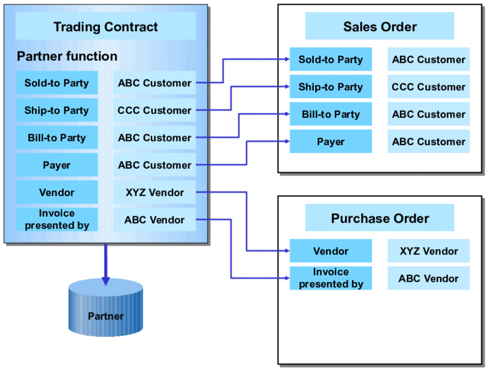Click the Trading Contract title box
click(x=105, y=27)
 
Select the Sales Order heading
click(x=380, y=27)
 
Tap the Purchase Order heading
click(x=380, y=218)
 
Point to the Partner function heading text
click(x=67, y=56)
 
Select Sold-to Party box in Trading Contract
click(x=56, y=83)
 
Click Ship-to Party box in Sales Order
click(x=331, y=87)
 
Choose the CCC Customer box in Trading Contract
click(x=154, y=111)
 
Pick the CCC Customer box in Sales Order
click(x=429, y=87)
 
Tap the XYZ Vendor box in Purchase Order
click(x=429, y=251)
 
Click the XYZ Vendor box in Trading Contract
click(x=154, y=193)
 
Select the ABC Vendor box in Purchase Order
click(x=429, y=278)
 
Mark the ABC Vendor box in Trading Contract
click(x=154, y=220)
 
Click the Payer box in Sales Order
click(x=331, y=142)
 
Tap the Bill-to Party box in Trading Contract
click(x=56, y=138)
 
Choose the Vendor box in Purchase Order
click(x=331, y=251)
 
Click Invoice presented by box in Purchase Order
click(x=331, y=278)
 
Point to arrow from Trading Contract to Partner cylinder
click(x=105, y=261)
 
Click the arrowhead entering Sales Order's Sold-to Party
click(x=285, y=60)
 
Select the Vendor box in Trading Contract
click(x=56, y=193)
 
